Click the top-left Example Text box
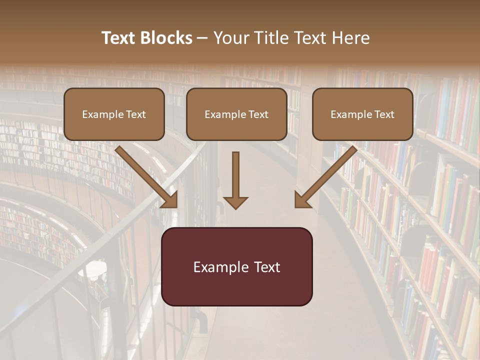tap(114, 114)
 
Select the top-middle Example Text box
tap(236, 114)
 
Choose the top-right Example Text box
tap(362, 114)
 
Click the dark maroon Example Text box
tap(236, 266)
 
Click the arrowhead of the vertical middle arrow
tap(235, 202)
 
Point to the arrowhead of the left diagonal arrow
tap(170, 200)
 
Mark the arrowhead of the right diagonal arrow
tap(302, 200)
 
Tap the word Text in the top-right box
tap(384, 114)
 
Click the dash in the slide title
tap(202, 38)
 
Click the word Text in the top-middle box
tap(258, 114)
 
